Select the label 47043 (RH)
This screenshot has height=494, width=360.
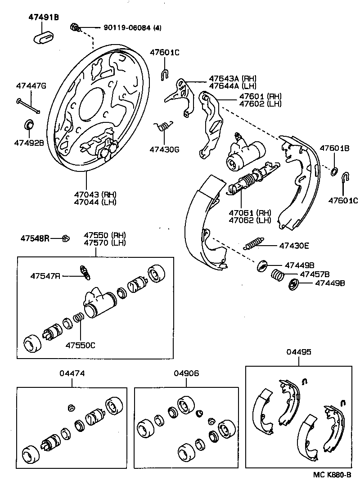96,194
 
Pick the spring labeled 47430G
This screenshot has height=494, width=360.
163,126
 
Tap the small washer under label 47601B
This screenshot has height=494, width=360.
334,171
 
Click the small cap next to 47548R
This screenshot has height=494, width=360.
65,238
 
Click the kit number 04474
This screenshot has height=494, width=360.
72,373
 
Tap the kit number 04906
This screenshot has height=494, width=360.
186,373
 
